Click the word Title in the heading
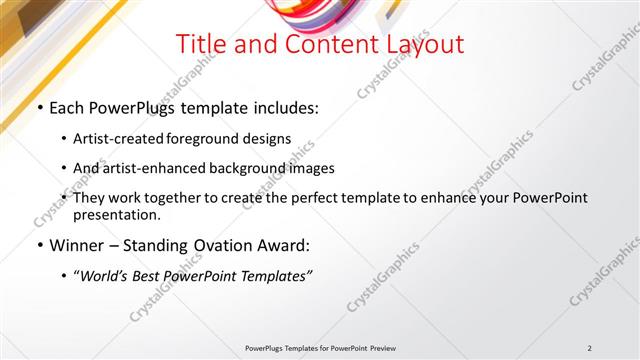[199, 45]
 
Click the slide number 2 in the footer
[590, 348]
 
